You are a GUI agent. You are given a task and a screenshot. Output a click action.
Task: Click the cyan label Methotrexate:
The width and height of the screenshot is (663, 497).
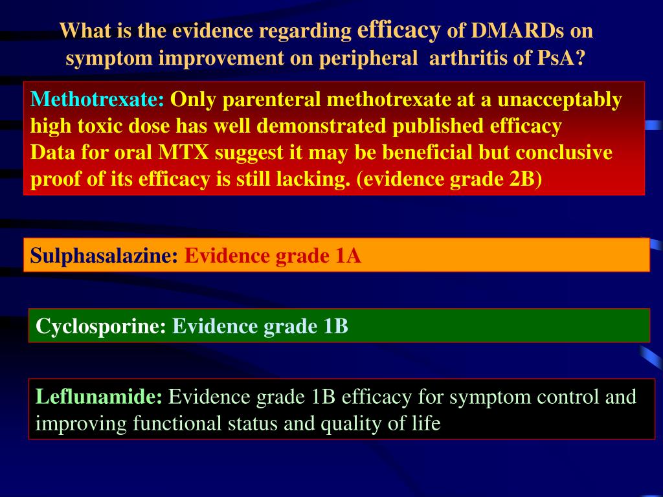click(97, 100)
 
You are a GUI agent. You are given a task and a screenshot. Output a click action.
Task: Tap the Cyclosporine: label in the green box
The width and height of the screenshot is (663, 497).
click(101, 326)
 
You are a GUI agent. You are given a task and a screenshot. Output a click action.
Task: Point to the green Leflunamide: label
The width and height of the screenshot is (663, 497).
click(99, 397)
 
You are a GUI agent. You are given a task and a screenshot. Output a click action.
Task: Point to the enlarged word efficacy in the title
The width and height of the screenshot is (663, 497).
click(399, 30)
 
